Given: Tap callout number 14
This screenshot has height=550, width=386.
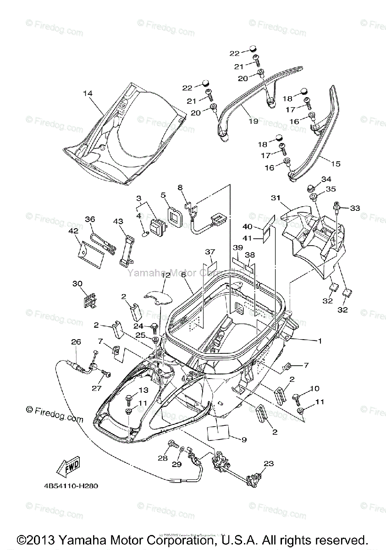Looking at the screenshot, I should (x=88, y=93).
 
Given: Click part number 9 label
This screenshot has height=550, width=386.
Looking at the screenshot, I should (x=244, y=440).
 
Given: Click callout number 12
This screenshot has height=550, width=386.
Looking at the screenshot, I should (x=165, y=275).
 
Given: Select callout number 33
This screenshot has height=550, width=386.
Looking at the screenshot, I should (x=355, y=208).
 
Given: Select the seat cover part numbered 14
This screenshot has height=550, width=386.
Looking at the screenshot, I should (x=124, y=133).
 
